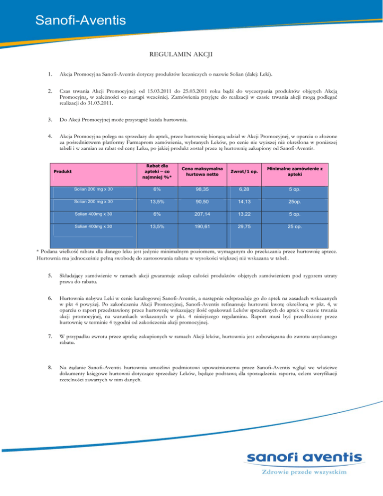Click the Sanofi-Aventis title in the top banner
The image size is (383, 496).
(80, 20)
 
